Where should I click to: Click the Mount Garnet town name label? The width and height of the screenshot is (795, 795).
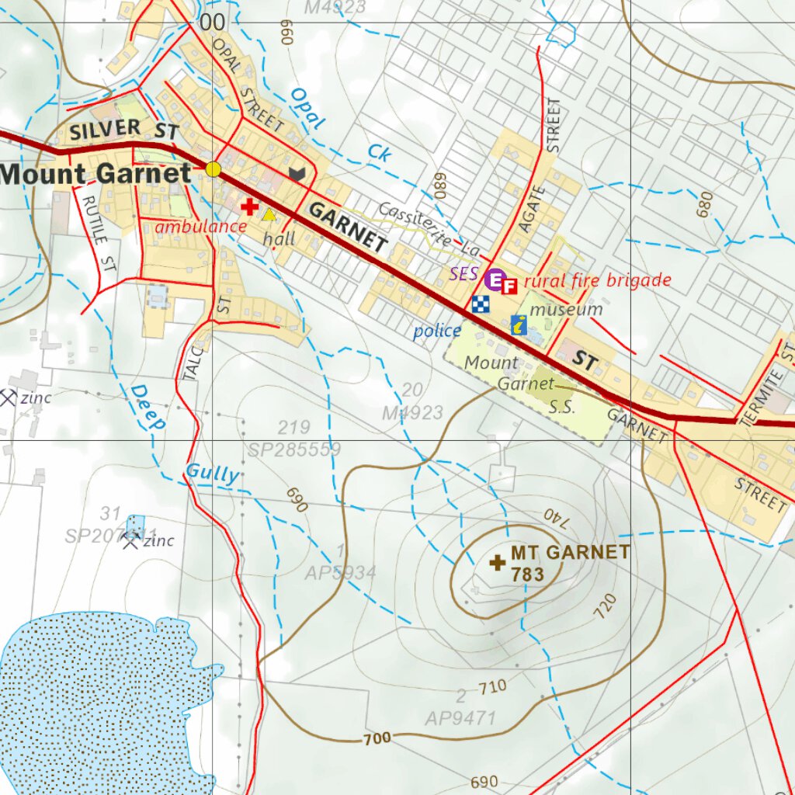coord(95,174)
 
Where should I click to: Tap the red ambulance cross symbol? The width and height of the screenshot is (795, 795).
coord(249,207)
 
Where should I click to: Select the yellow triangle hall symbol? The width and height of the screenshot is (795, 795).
coord(269,215)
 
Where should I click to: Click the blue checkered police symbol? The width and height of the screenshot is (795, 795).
coord(481,304)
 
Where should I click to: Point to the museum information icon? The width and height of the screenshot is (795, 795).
coord(519,325)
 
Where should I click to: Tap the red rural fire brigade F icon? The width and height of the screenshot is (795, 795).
coord(509,286)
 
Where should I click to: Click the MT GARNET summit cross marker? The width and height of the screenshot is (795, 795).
coord(497,562)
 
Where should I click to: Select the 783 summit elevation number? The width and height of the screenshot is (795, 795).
coord(527,575)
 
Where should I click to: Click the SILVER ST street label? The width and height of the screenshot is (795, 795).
coord(124,130)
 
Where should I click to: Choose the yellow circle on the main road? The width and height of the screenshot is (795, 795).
coord(214,169)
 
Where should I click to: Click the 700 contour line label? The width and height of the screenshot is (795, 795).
coord(377,738)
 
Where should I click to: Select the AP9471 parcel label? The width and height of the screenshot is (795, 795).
coord(460,718)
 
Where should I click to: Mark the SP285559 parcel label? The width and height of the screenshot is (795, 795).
coord(294,450)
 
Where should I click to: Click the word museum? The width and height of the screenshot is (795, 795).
coord(566,310)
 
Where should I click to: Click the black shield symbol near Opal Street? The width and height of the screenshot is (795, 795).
coord(296,174)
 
